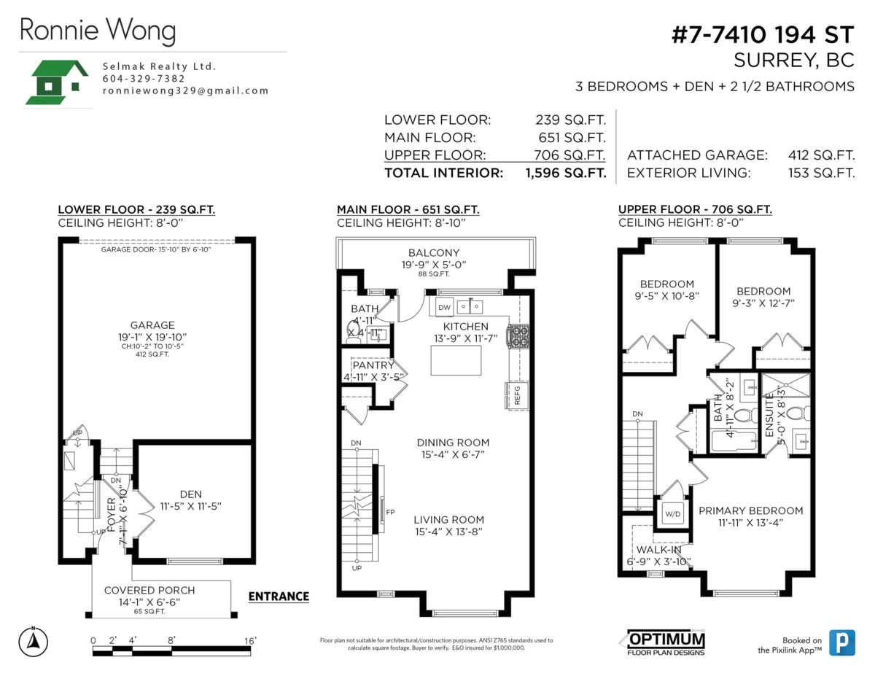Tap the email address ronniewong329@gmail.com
click(185, 91)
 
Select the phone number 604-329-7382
click(144, 79)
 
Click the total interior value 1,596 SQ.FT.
click(565, 174)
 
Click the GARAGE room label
click(152, 325)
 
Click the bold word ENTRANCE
click(279, 597)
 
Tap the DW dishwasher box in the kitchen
click(444, 307)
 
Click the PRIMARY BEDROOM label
click(750, 510)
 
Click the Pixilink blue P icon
click(841, 642)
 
